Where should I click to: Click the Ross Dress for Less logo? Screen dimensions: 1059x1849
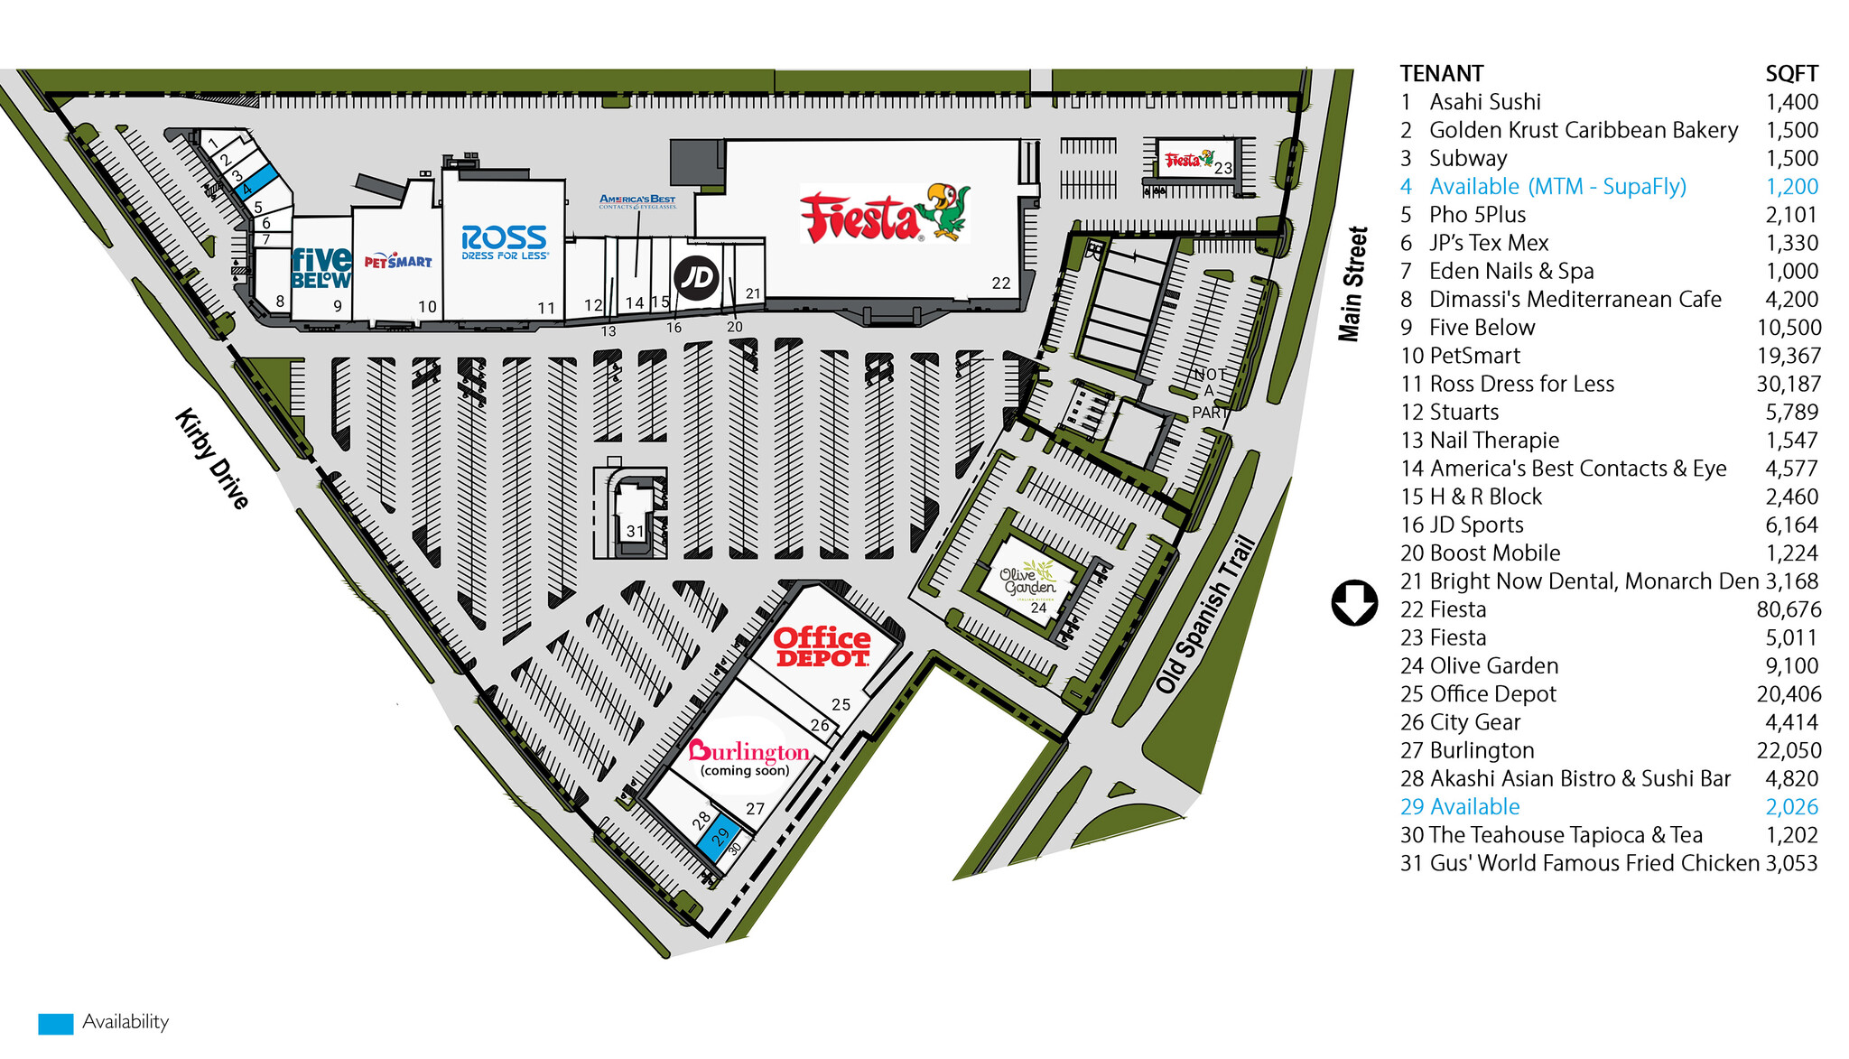[504, 241]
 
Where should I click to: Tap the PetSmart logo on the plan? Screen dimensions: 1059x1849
[397, 262]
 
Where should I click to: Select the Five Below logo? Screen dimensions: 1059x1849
[321, 268]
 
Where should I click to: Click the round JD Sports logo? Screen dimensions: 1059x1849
[697, 277]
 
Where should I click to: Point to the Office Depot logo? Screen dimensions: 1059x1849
[822, 647]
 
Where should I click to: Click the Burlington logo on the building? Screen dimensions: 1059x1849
[748, 752]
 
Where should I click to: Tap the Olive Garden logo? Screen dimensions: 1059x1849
[1028, 580]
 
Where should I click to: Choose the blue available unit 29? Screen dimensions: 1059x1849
[719, 836]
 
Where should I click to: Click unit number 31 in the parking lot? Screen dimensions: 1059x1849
[635, 531]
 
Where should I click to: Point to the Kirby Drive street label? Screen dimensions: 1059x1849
[211, 459]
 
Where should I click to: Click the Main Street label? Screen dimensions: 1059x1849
[1352, 283]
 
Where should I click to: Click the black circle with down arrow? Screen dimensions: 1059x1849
[1354, 603]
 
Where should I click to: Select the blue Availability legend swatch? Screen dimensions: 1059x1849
[55, 1024]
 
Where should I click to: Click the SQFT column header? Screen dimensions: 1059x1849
[1791, 74]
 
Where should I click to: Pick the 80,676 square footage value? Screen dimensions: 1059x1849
[1789, 610]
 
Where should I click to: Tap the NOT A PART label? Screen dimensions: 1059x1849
[1210, 393]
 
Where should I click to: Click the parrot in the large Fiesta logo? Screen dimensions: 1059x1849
[944, 211]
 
